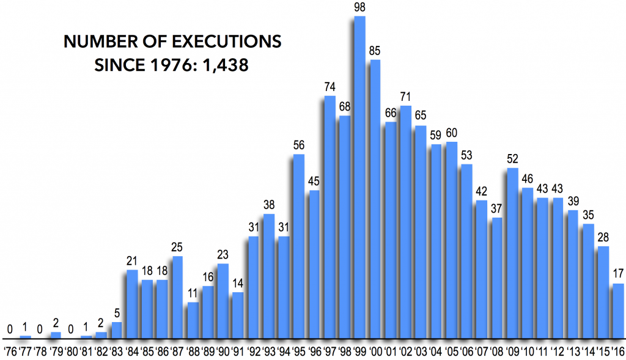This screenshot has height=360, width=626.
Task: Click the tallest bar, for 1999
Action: [359, 177]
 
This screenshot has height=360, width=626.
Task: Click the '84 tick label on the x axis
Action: [131, 351]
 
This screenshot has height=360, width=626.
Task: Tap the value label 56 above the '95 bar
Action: [299, 145]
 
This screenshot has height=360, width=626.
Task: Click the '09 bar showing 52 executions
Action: [512, 253]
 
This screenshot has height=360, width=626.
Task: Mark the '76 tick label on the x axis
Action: [10, 351]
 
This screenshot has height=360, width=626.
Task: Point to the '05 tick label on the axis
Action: [452, 351]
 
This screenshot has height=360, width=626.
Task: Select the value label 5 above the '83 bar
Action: [117, 313]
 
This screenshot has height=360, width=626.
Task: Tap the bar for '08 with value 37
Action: [497, 277]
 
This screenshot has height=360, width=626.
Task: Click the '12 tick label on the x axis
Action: [558, 351]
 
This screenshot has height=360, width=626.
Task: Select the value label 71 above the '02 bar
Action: [405, 96]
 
